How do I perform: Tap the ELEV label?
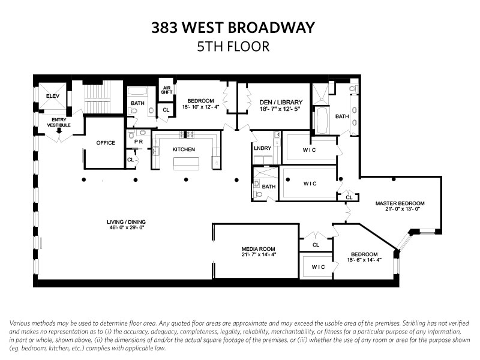53,95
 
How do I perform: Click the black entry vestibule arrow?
59,131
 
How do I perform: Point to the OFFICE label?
106,143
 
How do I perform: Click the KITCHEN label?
184,149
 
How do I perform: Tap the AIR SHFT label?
167,90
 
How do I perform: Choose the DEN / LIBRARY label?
281,102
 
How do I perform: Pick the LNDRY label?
263,148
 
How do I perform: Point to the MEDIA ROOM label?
259,248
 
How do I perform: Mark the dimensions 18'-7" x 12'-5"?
281,109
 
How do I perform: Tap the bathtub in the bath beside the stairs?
139,94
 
